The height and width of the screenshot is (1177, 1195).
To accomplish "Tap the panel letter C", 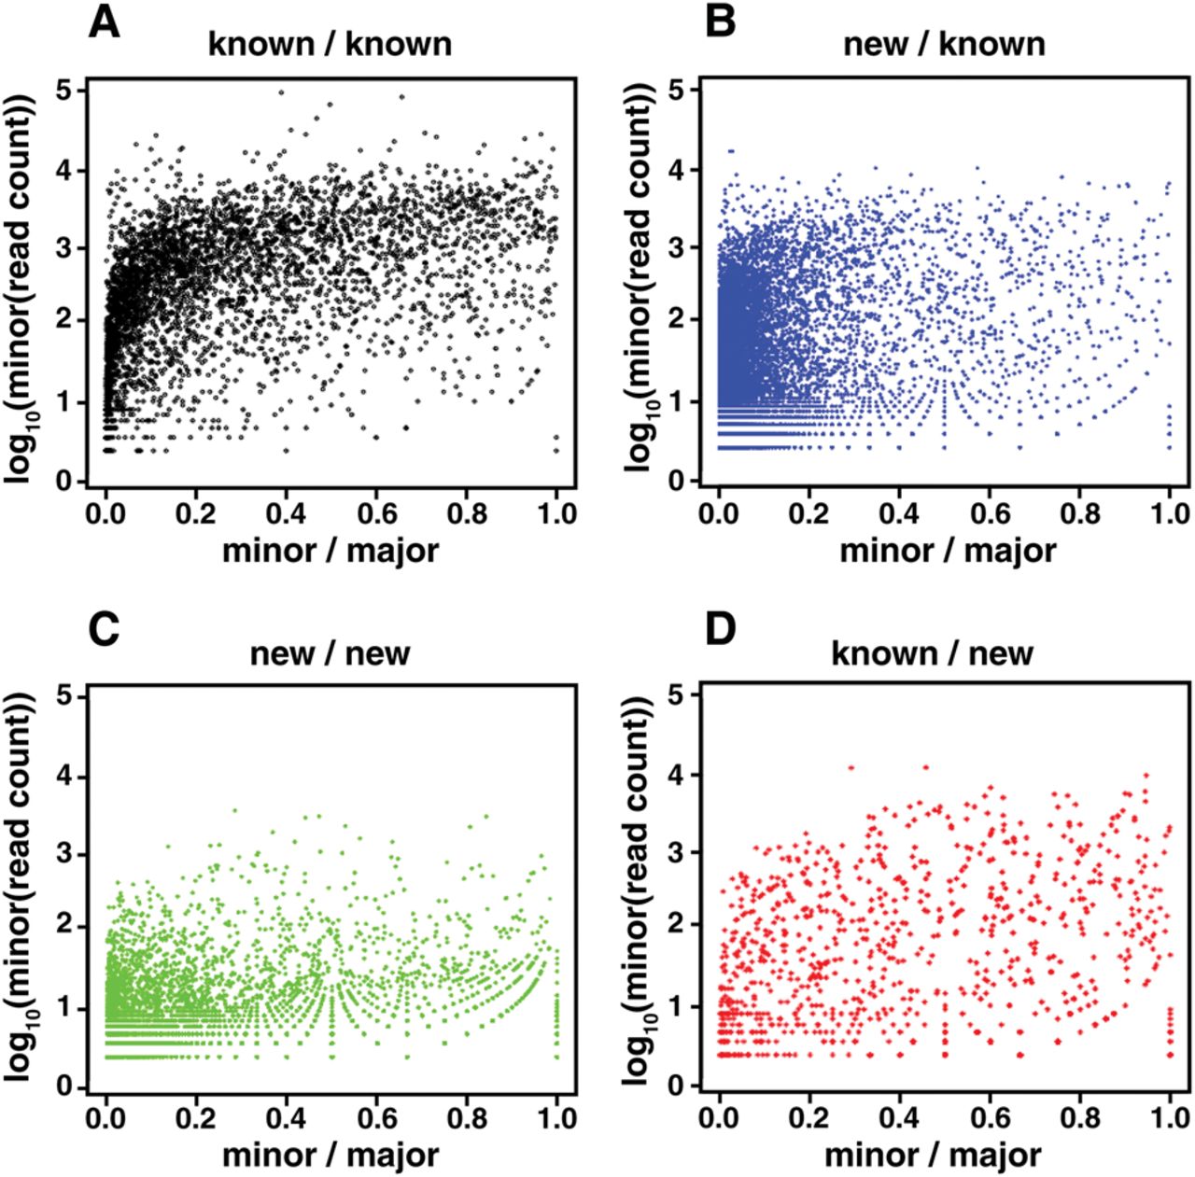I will click(105, 630).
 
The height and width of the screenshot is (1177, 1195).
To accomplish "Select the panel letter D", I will click(720, 630).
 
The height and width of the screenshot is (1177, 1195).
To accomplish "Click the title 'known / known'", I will click(330, 44).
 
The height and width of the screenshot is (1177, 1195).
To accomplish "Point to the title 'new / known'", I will click(944, 44).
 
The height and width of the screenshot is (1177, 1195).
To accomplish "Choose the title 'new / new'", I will click(330, 652).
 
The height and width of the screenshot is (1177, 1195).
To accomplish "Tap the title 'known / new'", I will click(932, 652).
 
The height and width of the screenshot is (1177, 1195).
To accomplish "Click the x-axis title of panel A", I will click(330, 550).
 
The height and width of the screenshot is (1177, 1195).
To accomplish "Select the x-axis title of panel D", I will click(932, 1156).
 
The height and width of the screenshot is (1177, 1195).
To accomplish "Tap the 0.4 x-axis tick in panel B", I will click(899, 512).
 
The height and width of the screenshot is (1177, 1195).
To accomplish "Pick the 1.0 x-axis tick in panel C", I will click(556, 1118).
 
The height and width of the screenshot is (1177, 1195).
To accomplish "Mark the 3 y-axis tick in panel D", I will click(682, 855).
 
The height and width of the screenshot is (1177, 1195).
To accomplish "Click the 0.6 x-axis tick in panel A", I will click(376, 512).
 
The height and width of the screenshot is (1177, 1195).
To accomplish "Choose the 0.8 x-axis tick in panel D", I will click(1078, 1118).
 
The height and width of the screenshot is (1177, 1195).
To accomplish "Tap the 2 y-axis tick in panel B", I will click(682, 320).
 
